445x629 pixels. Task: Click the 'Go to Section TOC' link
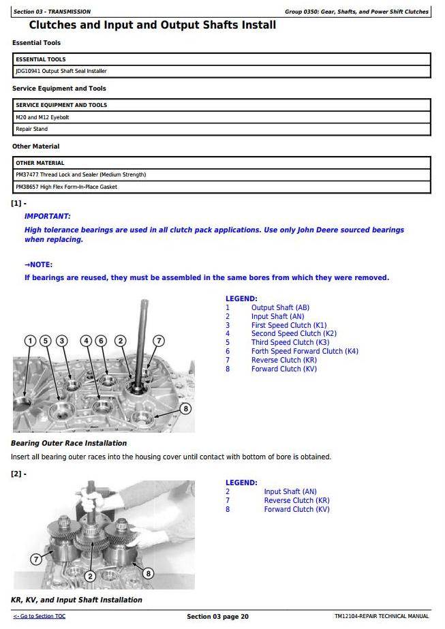click(40, 617)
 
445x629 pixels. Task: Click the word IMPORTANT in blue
click(48, 216)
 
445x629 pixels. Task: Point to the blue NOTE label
click(39, 264)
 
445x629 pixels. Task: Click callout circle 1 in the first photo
click(30, 341)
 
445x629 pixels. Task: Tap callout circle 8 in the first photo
click(185, 408)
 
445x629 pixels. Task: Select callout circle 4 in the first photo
click(86, 341)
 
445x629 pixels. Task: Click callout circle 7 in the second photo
click(36, 559)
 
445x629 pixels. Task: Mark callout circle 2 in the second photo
click(89, 577)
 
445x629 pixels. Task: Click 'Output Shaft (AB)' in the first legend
click(280, 308)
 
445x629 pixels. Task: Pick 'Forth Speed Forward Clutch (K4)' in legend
click(304, 352)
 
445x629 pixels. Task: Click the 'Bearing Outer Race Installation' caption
click(69, 443)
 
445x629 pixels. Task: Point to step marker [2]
click(18, 474)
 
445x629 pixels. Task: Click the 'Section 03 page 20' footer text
click(217, 617)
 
